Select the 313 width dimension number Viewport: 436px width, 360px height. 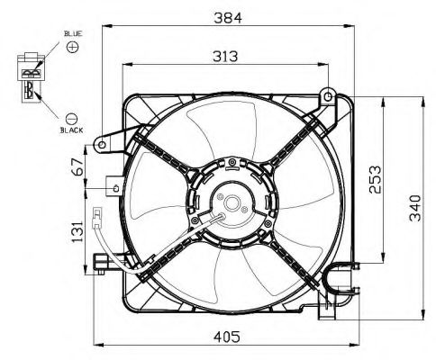[224, 56]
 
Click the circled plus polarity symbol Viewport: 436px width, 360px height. [72, 45]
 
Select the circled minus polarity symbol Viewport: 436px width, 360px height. [72, 116]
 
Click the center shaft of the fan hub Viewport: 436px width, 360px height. [226, 206]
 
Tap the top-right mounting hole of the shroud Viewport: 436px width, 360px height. [330, 94]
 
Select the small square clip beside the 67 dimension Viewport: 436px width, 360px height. [114, 186]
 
